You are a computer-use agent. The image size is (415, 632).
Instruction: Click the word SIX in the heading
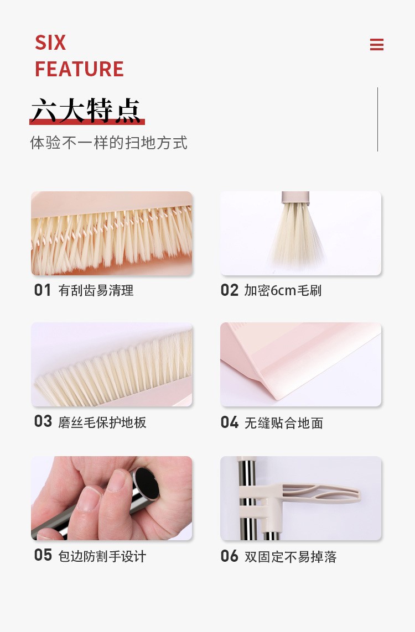click(50, 43)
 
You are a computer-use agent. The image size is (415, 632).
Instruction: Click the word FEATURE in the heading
click(79, 69)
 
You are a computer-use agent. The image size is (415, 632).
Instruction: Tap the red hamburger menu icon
click(377, 45)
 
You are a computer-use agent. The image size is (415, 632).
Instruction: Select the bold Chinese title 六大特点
click(86, 111)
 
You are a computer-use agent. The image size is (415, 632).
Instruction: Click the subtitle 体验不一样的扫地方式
click(108, 143)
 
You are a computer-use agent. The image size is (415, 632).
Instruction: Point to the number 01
click(43, 290)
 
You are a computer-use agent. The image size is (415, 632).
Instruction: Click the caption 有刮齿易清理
click(96, 290)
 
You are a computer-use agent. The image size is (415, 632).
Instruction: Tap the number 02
click(230, 290)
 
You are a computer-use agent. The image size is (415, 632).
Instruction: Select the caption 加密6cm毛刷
click(283, 290)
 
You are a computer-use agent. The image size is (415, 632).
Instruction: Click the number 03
click(43, 422)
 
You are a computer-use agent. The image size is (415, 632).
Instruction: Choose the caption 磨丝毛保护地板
click(102, 422)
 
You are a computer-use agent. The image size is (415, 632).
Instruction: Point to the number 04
click(230, 422)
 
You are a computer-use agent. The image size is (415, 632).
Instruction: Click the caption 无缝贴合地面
click(284, 423)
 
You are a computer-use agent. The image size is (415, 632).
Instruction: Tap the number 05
click(43, 555)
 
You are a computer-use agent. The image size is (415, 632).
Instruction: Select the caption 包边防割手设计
click(102, 556)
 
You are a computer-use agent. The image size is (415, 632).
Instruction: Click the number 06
click(230, 556)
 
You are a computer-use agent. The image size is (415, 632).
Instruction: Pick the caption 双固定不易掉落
click(290, 556)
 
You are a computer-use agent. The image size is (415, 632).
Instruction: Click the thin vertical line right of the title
click(377, 119)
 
